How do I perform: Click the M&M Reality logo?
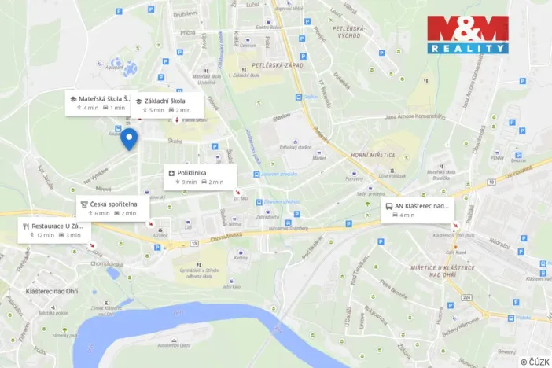coord(467,35)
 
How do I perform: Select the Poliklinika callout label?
coord(200,177)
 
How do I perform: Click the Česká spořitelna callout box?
coord(112,208)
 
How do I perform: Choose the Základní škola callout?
coord(167,105)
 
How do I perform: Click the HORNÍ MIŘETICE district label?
coord(374,155)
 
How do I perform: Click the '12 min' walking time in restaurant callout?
coord(45,235)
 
